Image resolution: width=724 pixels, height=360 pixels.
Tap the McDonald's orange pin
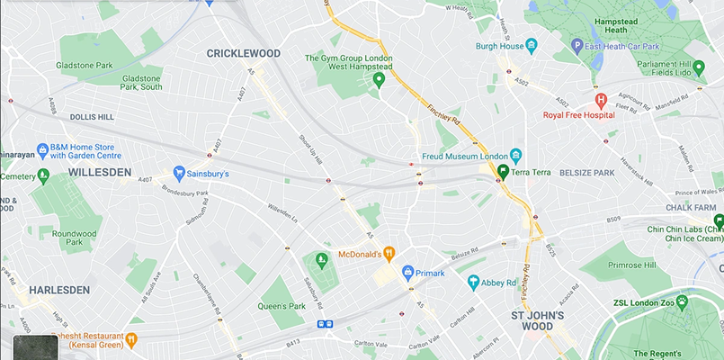(389, 253)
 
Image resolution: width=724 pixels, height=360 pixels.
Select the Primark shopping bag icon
(407, 271)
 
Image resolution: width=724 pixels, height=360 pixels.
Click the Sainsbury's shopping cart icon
(179, 173)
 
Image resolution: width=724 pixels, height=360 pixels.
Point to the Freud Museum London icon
(515, 156)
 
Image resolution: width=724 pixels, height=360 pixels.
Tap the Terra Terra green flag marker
(505, 172)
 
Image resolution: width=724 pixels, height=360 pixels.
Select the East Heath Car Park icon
(577, 45)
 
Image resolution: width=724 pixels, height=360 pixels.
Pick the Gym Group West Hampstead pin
(379, 81)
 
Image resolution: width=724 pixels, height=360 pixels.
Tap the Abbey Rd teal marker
(473, 282)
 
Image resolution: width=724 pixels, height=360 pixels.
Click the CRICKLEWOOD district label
(243, 54)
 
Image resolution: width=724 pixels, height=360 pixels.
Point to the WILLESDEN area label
(99, 172)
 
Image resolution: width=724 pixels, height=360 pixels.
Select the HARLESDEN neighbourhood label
(58, 291)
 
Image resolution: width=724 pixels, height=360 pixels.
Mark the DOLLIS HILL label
(93, 117)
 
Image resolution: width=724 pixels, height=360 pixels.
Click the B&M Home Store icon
(42, 149)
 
